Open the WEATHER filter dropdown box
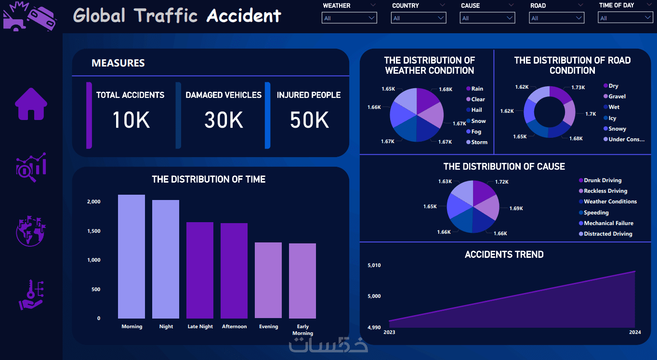[349, 18]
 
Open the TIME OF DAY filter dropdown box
[625, 18]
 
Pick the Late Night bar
[200, 270]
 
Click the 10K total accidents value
[131, 120]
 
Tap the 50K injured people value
[309, 120]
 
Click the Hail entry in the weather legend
[476, 110]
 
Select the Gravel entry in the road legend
[617, 96]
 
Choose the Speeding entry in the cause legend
[596, 213]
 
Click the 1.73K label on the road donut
[578, 87]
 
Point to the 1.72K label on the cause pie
[501, 182]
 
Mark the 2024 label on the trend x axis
[635, 332]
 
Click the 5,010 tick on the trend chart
[374, 265]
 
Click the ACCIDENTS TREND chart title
[504, 254]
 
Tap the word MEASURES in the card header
[118, 63]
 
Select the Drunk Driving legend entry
[602, 180]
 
